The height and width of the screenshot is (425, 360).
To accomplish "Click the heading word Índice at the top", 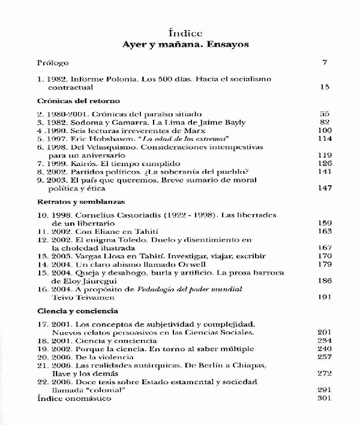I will [x=186, y=33].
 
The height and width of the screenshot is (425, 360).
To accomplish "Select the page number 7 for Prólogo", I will [x=325, y=62].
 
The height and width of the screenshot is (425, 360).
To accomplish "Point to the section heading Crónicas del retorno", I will [x=79, y=101].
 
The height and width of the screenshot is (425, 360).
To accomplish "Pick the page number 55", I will [x=325, y=113].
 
